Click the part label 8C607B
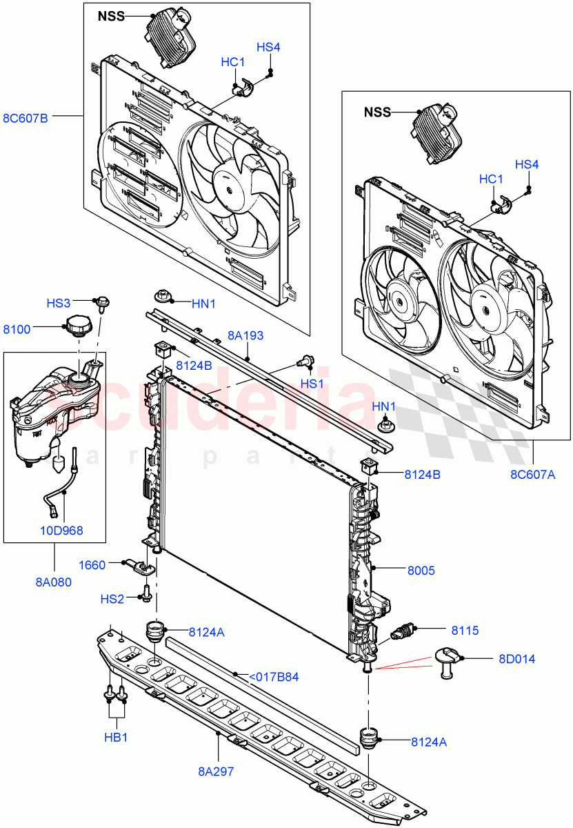26,117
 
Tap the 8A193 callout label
246,336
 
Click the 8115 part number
466,630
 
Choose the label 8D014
516,659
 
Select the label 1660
92,565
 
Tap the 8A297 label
215,771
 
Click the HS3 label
59,303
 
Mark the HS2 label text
112,598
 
